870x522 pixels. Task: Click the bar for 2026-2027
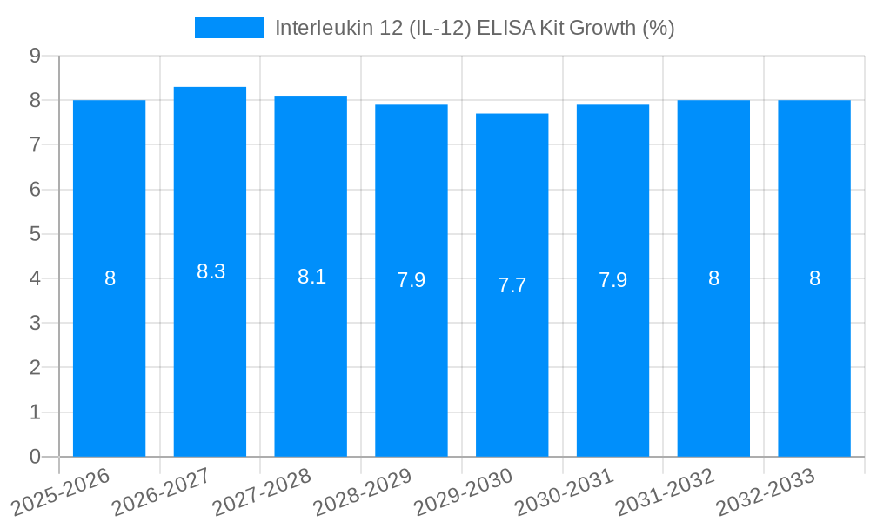point(210,348)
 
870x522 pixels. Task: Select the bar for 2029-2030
point(512,365)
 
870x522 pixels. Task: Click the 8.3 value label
point(211,271)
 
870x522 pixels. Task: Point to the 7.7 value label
point(512,285)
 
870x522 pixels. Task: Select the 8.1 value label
point(311,277)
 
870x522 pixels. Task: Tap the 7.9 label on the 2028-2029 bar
point(412,280)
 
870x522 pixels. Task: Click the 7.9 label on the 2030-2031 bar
point(612,280)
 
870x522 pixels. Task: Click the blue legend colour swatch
point(229,28)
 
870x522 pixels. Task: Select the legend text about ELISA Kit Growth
point(474,28)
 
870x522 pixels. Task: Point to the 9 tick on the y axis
point(35,56)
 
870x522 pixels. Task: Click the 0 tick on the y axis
point(35,457)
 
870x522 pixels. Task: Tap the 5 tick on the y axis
point(35,234)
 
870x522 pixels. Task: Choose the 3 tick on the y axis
point(35,323)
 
